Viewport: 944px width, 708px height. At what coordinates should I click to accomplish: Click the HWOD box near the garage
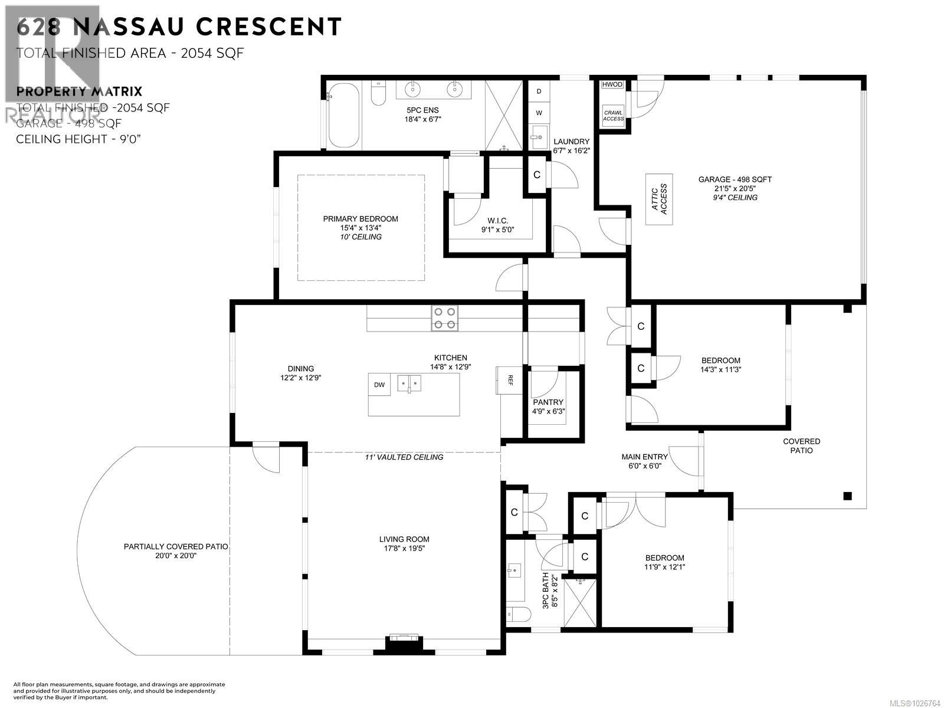click(612, 84)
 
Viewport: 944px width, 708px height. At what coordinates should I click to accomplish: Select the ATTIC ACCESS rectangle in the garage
click(660, 199)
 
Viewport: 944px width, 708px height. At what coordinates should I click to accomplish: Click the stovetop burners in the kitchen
click(444, 318)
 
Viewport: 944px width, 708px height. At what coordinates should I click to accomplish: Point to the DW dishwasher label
click(379, 385)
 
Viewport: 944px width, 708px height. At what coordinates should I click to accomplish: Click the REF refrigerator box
click(509, 378)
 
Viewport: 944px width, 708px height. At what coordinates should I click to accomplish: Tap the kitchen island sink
click(408, 384)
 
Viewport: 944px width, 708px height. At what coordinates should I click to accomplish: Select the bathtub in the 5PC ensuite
click(343, 114)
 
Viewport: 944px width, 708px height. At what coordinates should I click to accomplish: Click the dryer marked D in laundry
click(539, 91)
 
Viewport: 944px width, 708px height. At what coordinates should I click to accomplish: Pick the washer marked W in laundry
click(539, 112)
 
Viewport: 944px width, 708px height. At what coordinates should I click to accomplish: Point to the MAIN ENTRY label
click(644, 457)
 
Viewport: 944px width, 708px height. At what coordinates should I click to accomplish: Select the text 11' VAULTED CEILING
click(404, 457)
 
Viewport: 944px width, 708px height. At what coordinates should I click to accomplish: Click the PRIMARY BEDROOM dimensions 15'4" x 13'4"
click(360, 228)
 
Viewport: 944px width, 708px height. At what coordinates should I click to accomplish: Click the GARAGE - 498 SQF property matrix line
click(69, 123)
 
